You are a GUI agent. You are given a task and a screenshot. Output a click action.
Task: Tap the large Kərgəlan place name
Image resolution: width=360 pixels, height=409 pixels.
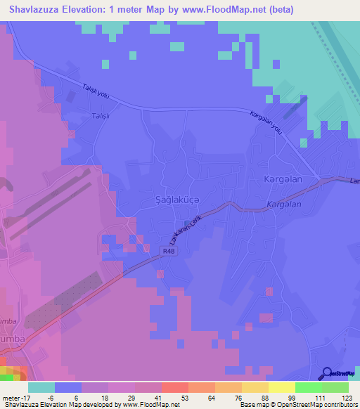click(x=283, y=179)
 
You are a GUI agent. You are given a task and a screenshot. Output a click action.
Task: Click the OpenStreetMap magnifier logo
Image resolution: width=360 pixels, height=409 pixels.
click(x=327, y=373)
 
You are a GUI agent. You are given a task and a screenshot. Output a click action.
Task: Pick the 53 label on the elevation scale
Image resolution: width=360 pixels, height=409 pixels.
click(x=185, y=397)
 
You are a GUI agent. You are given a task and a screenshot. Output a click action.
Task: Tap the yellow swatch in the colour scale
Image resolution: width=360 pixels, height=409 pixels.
click(x=281, y=387)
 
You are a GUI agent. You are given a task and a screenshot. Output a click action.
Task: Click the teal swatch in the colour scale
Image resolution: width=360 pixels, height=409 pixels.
click(x=41, y=387)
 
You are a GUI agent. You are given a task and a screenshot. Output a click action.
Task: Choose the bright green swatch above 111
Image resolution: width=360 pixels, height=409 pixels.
click(x=308, y=387)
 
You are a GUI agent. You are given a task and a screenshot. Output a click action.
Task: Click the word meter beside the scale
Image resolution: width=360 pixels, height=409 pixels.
click(x=13, y=397)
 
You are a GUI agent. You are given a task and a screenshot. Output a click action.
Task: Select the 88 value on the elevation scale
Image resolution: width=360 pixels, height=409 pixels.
click(x=265, y=397)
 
